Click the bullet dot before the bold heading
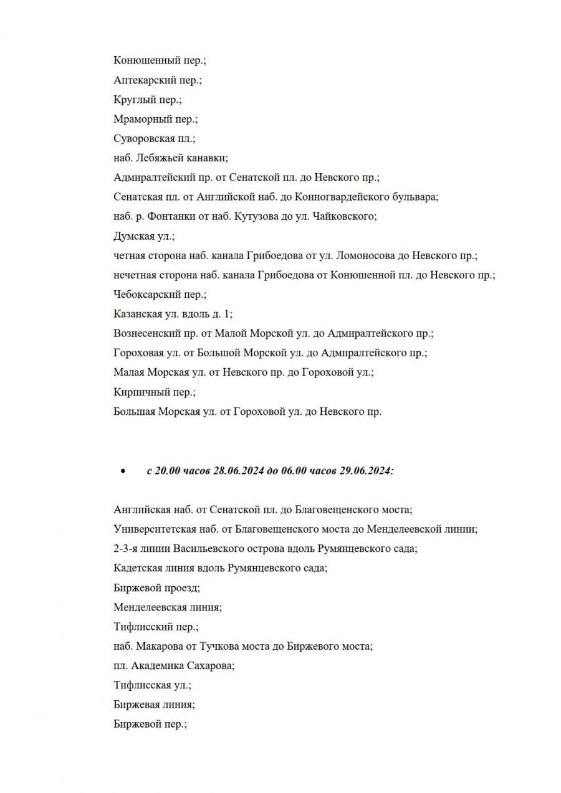[x=123, y=472]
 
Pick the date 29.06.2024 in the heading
[x=366, y=472]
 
